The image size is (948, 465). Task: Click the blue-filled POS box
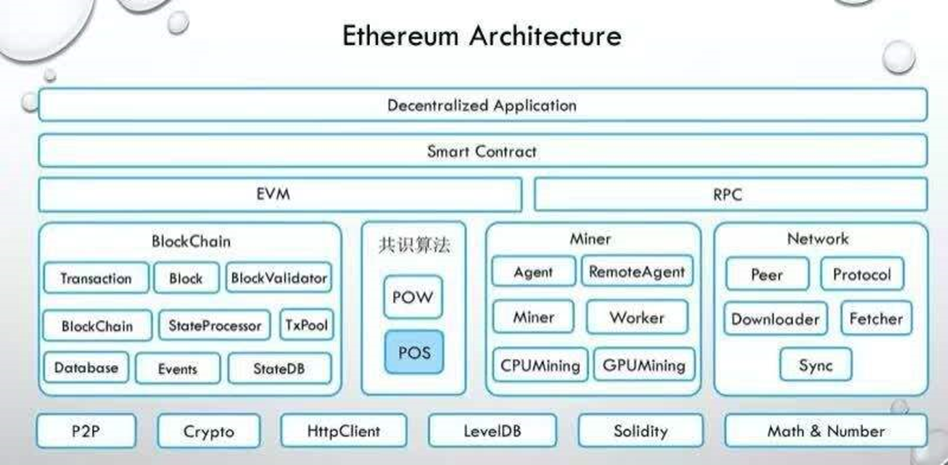tap(413, 352)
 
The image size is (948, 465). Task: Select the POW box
tap(413, 297)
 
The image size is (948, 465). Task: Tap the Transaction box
tap(96, 278)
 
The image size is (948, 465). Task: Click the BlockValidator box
tap(279, 278)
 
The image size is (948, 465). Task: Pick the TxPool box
tap(306, 325)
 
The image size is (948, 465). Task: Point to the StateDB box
tap(280, 369)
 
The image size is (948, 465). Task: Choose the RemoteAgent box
tap(637, 272)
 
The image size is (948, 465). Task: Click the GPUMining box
tap(644, 366)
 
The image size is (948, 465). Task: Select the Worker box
tap(637, 318)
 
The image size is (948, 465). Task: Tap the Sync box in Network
tap(816, 366)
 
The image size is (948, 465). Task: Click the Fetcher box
tap(876, 319)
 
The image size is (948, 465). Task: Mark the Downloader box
tap(775, 319)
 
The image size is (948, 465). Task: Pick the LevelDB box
tap(492, 432)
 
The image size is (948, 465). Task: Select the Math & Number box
tap(826, 432)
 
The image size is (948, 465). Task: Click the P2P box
tap(86, 432)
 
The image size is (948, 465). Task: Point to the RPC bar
tap(730, 195)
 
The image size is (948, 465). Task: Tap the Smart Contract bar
tap(482, 151)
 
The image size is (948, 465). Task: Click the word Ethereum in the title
tap(400, 36)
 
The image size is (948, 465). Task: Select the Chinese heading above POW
tap(413, 245)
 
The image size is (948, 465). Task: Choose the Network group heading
tap(818, 239)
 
